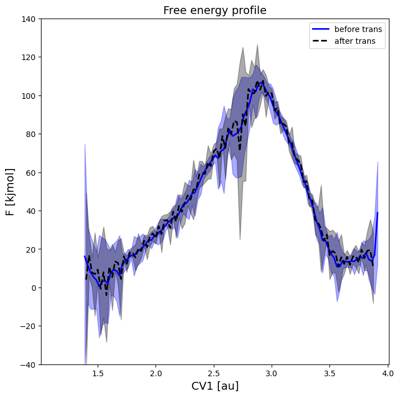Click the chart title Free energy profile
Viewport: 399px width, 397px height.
(214, 11)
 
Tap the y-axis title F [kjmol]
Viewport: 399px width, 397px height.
(11, 191)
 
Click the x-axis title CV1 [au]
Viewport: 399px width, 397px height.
(214, 386)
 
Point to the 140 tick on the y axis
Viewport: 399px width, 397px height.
(29, 19)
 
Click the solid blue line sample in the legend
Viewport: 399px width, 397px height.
(321, 29)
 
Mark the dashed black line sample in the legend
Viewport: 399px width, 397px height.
(321, 41)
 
